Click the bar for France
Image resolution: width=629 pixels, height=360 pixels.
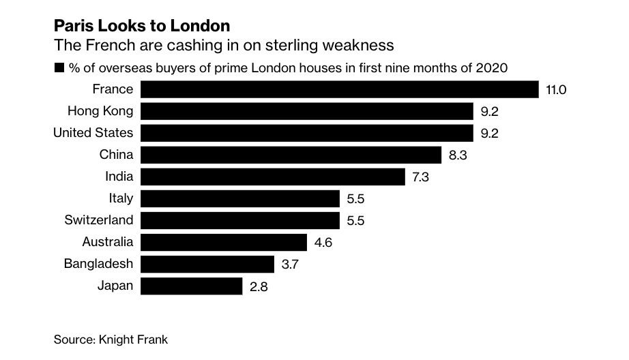click(x=340, y=89)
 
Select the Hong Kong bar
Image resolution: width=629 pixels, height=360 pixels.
click(x=307, y=111)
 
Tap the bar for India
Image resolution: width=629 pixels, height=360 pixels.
click(x=273, y=177)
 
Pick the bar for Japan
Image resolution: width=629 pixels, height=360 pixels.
click(x=191, y=286)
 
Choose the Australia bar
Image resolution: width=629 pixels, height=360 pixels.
click(x=224, y=242)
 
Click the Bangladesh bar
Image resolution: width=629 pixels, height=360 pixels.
click(x=207, y=264)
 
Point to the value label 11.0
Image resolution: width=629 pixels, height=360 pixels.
click(x=557, y=89)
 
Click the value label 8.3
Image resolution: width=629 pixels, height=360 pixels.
click(x=458, y=155)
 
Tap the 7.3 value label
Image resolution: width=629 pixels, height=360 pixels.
click(x=423, y=177)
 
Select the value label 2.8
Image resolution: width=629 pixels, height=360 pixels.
click(x=259, y=286)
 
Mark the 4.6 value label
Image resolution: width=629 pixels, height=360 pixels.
click(x=323, y=242)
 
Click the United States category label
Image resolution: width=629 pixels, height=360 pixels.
click(x=93, y=132)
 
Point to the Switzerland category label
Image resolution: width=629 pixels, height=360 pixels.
click(x=99, y=220)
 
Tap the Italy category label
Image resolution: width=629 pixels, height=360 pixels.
click(x=121, y=198)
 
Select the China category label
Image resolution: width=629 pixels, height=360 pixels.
click(x=116, y=155)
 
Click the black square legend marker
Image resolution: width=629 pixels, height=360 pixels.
click(x=59, y=67)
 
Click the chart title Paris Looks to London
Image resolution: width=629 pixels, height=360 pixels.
click(x=141, y=26)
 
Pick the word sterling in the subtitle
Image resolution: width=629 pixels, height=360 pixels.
click(x=280, y=46)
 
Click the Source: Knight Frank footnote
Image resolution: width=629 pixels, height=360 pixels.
click(x=111, y=339)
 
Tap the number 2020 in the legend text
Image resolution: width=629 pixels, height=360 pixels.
click(x=492, y=67)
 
